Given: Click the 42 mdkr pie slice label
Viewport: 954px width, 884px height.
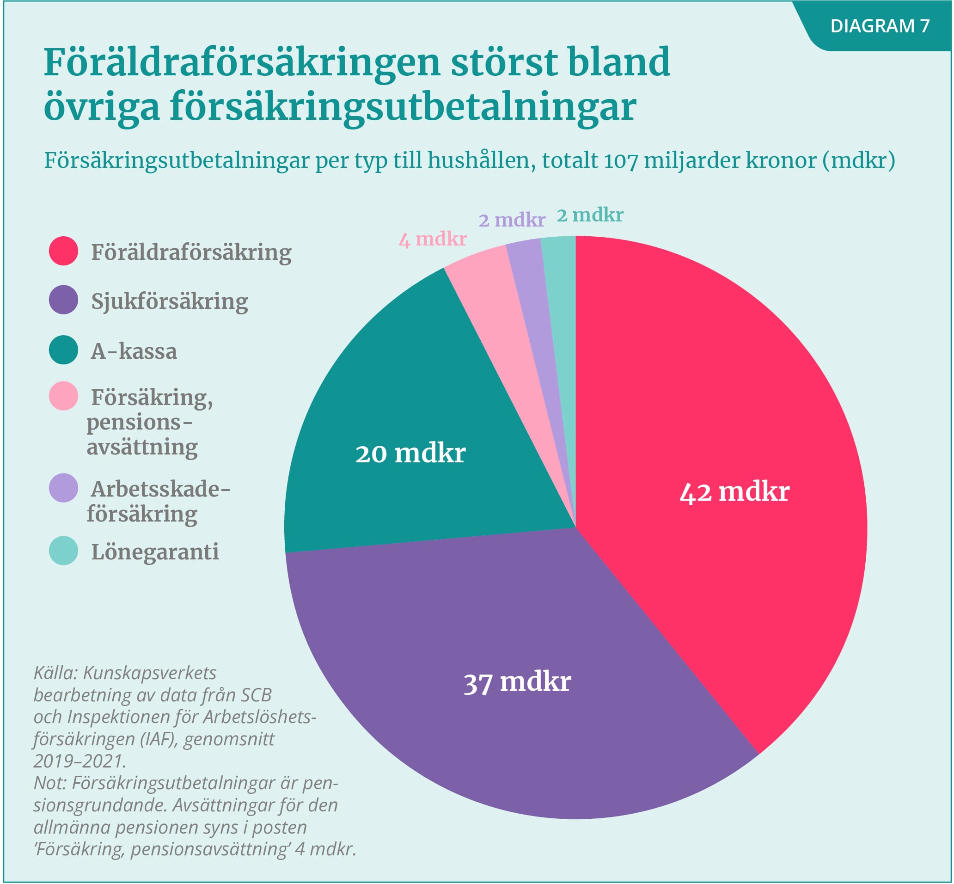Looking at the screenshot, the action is click(734, 492).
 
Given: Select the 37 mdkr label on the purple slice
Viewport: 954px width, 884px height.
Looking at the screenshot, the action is click(517, 681).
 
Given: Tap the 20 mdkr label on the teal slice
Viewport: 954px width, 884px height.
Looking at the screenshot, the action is click(410, 453).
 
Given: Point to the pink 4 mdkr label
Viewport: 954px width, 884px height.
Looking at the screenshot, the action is click(433, 239).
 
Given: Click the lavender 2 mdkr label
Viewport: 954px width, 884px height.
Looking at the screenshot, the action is click(512, 220).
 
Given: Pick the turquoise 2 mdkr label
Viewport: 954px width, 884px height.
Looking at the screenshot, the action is click(590, 215).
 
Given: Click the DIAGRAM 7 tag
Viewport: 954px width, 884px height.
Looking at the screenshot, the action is click(880, 26).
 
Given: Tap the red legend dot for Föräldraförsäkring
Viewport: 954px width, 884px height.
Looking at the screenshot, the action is click(63, 251).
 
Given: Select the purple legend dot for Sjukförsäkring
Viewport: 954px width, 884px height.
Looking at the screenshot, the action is click(63, 300).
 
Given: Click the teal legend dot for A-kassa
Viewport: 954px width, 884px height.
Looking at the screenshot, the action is click(63, 350).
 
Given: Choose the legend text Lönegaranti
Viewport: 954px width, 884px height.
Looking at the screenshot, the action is click(155, 552).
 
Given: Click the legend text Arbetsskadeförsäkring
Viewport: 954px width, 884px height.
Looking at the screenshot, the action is click(158, 501).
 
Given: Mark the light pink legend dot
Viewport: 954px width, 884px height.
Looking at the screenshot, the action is click(63, 396).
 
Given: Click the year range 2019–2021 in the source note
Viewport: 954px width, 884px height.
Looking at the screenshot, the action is click(79, 761).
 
